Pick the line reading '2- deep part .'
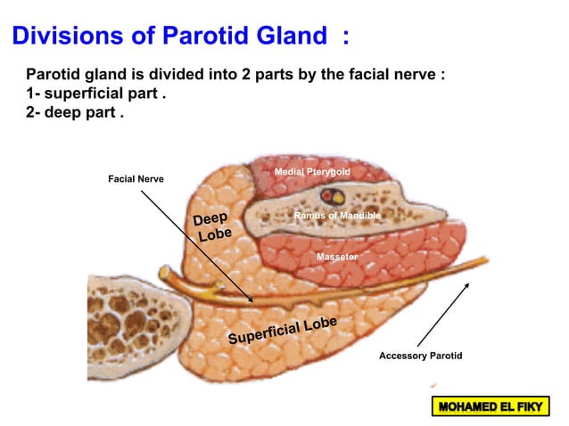75,115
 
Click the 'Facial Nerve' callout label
136,179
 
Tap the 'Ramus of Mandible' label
337,216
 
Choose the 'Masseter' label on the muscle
337,257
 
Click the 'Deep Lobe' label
212,227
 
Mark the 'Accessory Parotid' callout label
421,356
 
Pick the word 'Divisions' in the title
66,37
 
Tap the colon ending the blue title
345,37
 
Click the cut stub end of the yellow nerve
164,273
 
